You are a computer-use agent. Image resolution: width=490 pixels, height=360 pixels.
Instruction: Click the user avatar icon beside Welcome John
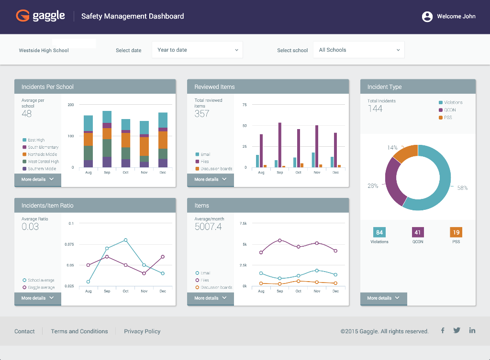[x=427, y=17]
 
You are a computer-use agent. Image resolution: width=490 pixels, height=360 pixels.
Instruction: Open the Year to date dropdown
[x=197, y=50]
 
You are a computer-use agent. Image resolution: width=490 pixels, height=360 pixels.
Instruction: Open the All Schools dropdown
[x=358, y=50]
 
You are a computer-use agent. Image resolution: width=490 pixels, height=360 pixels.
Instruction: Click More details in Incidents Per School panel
[x=38, y=179]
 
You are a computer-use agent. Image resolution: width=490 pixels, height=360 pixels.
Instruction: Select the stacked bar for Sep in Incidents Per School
[x=107, y=139]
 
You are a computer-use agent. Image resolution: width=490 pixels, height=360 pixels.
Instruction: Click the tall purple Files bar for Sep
[x=280, y=145]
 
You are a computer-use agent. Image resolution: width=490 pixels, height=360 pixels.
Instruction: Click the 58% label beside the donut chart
[x=462, y=188]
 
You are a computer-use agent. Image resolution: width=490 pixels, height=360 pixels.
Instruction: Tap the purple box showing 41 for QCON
[x=418, y=232]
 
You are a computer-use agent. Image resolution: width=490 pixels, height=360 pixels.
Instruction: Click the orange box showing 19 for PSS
[x=456, y=232]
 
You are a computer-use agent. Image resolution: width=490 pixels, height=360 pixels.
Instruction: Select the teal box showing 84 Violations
[x=379, y=232]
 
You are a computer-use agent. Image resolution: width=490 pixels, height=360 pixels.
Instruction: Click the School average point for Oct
[x=125, y=240]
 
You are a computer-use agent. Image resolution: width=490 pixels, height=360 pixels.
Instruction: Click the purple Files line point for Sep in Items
[x=280, y=240]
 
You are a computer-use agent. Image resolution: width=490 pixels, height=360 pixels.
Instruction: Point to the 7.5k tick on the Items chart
[x=243, y=223]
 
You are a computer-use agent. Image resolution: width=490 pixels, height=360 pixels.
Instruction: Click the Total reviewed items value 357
[x=202, y=114]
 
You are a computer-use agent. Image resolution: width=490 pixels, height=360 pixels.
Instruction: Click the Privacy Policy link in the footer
[x=142, y=331]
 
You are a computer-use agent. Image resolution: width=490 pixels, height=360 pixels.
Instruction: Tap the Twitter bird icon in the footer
[x=457, y=330]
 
